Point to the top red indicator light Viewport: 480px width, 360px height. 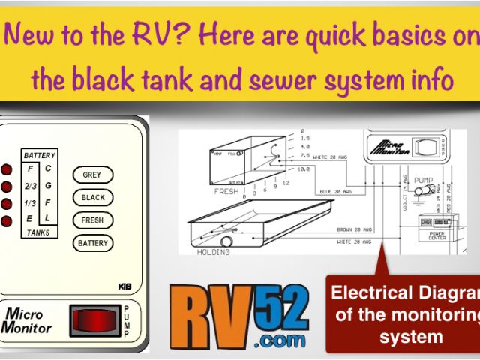[x=7, y=169]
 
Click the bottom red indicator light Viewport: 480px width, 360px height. [x=7, y=220]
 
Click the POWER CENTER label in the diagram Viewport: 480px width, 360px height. [x=436, y=235]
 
